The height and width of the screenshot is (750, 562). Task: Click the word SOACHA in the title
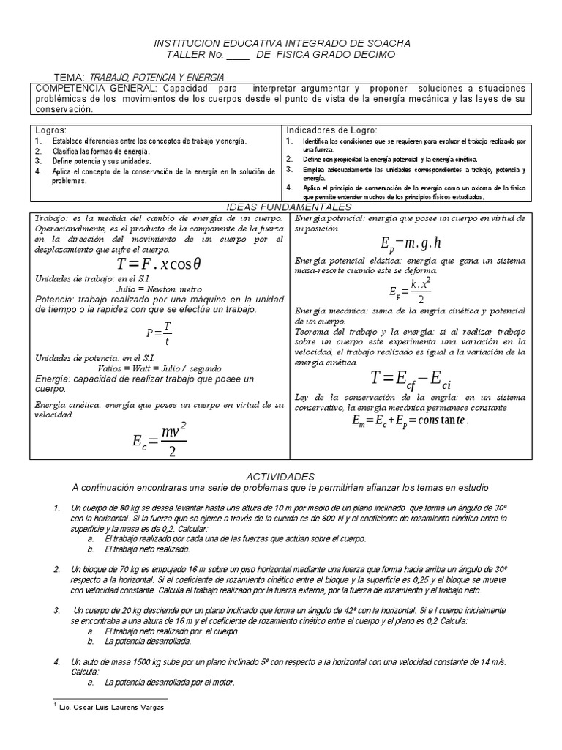pos(385,44)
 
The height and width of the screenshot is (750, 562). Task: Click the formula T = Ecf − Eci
pos(415,378)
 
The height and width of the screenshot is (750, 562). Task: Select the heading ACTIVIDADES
pos(281,475)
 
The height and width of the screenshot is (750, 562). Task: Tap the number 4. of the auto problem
pos(56,661)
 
